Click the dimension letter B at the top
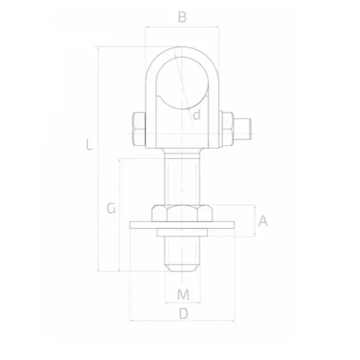(182, 17)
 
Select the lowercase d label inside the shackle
(197, 114)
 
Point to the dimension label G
(111, 208)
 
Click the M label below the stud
(183, 294)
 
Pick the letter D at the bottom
(183, 313)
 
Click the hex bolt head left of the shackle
(137, 129)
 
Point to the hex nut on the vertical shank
(182, 214)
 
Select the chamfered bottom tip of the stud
(182, 265)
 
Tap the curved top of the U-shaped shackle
(182, 50)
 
